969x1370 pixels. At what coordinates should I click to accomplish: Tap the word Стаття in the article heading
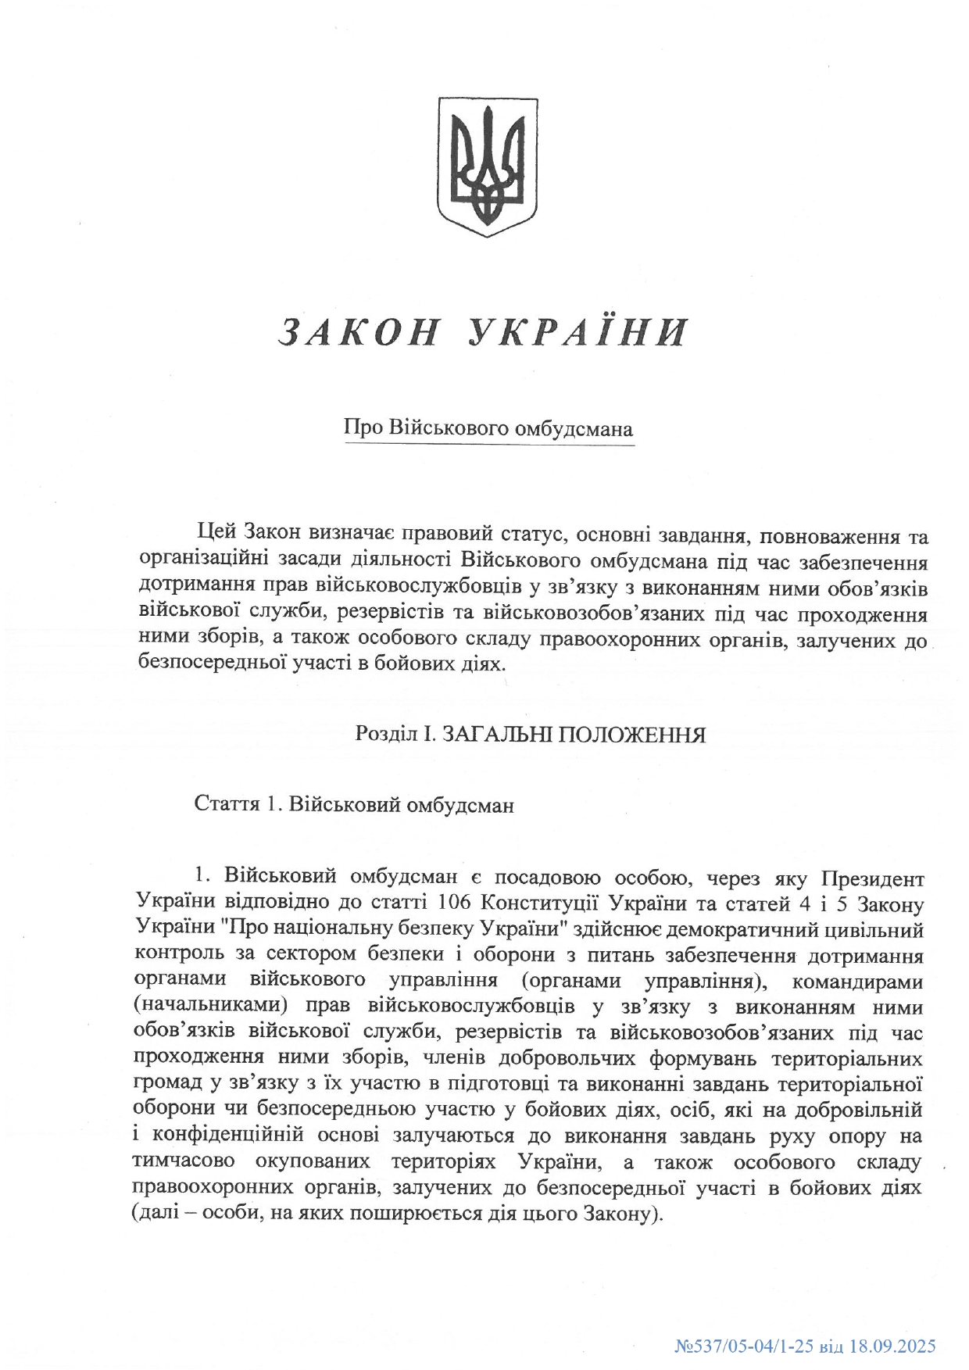click(x=227, y=805)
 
